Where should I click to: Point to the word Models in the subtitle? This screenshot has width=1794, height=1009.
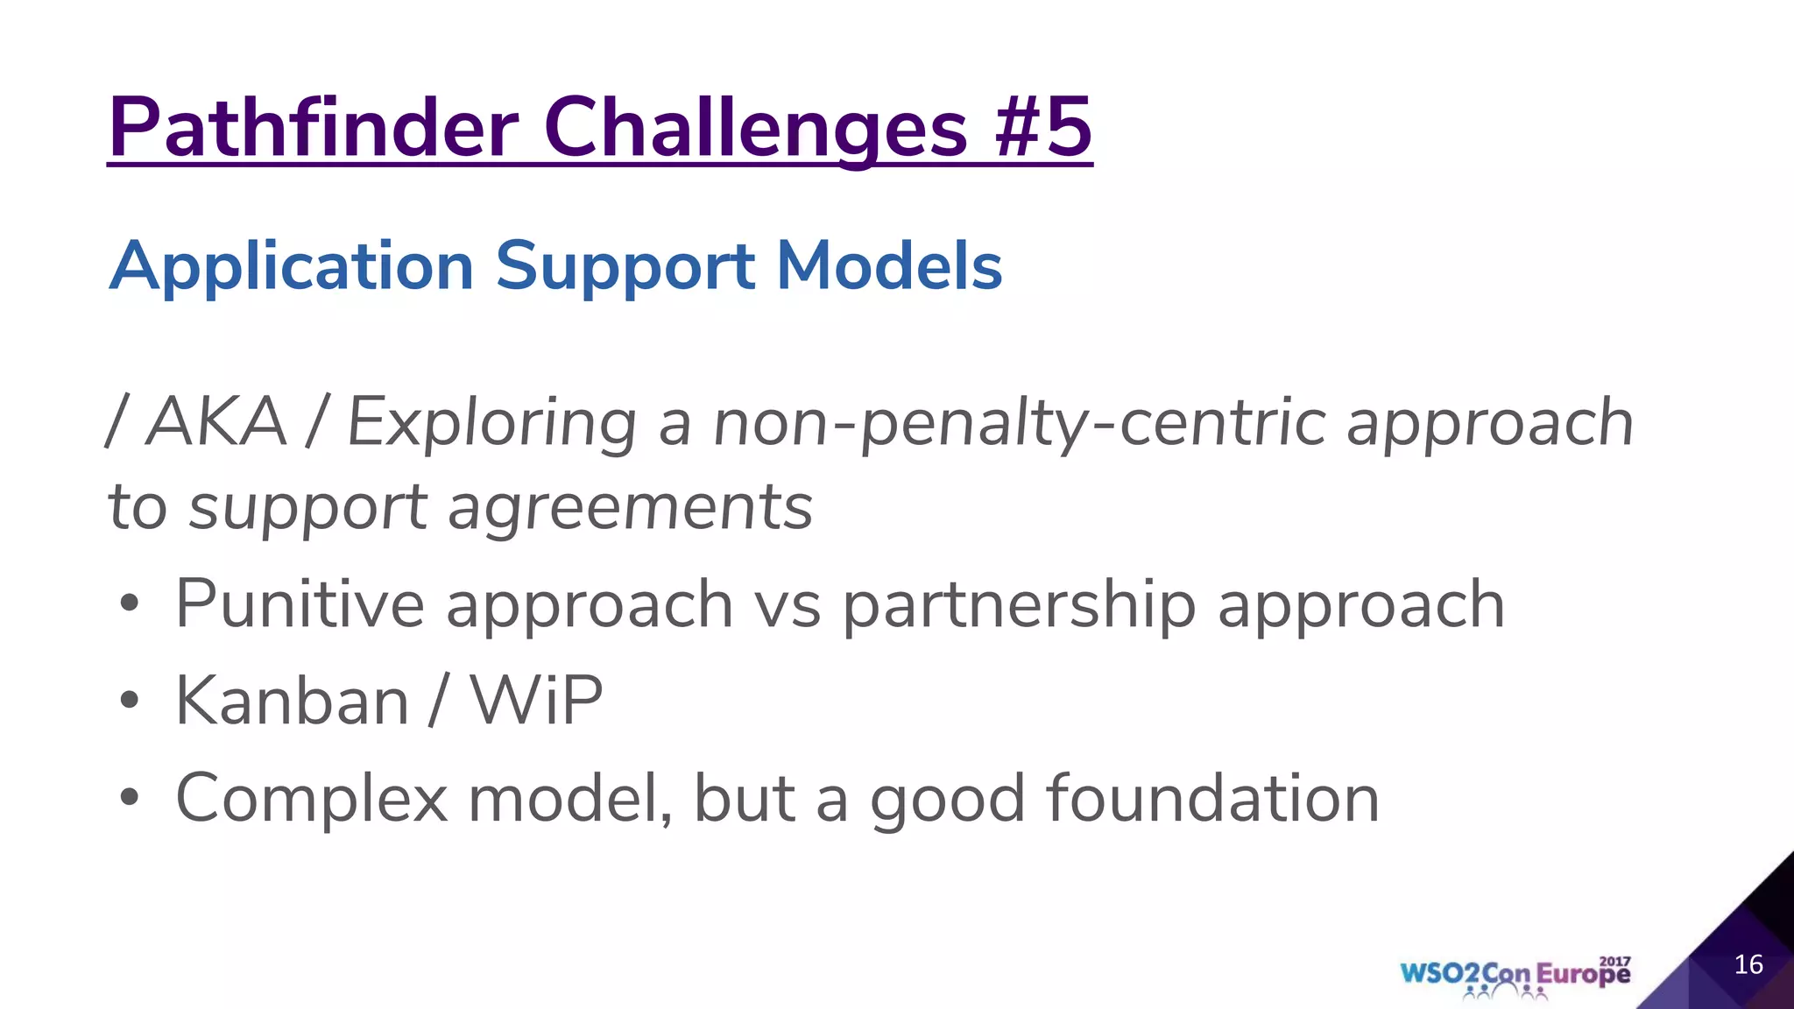(x=889, y=266)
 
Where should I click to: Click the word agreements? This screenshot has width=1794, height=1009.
(x=630, y=508)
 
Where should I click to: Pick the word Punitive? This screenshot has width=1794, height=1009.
(x=300, y=604)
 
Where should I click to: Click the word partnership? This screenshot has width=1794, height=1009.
(x=1019, y=604)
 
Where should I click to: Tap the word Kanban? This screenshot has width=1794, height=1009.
(x=292, y=701)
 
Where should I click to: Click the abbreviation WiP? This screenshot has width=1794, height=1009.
(x=536, y=701)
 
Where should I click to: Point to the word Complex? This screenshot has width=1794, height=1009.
(x=312, y=799)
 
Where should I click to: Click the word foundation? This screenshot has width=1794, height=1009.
(x=1211, y=799)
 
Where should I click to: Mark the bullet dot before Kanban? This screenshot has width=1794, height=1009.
(x=130, y=701)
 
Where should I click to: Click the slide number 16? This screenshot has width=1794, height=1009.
(x=1748, y=965)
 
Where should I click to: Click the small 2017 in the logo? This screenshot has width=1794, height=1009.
(x=1614, y=962)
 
